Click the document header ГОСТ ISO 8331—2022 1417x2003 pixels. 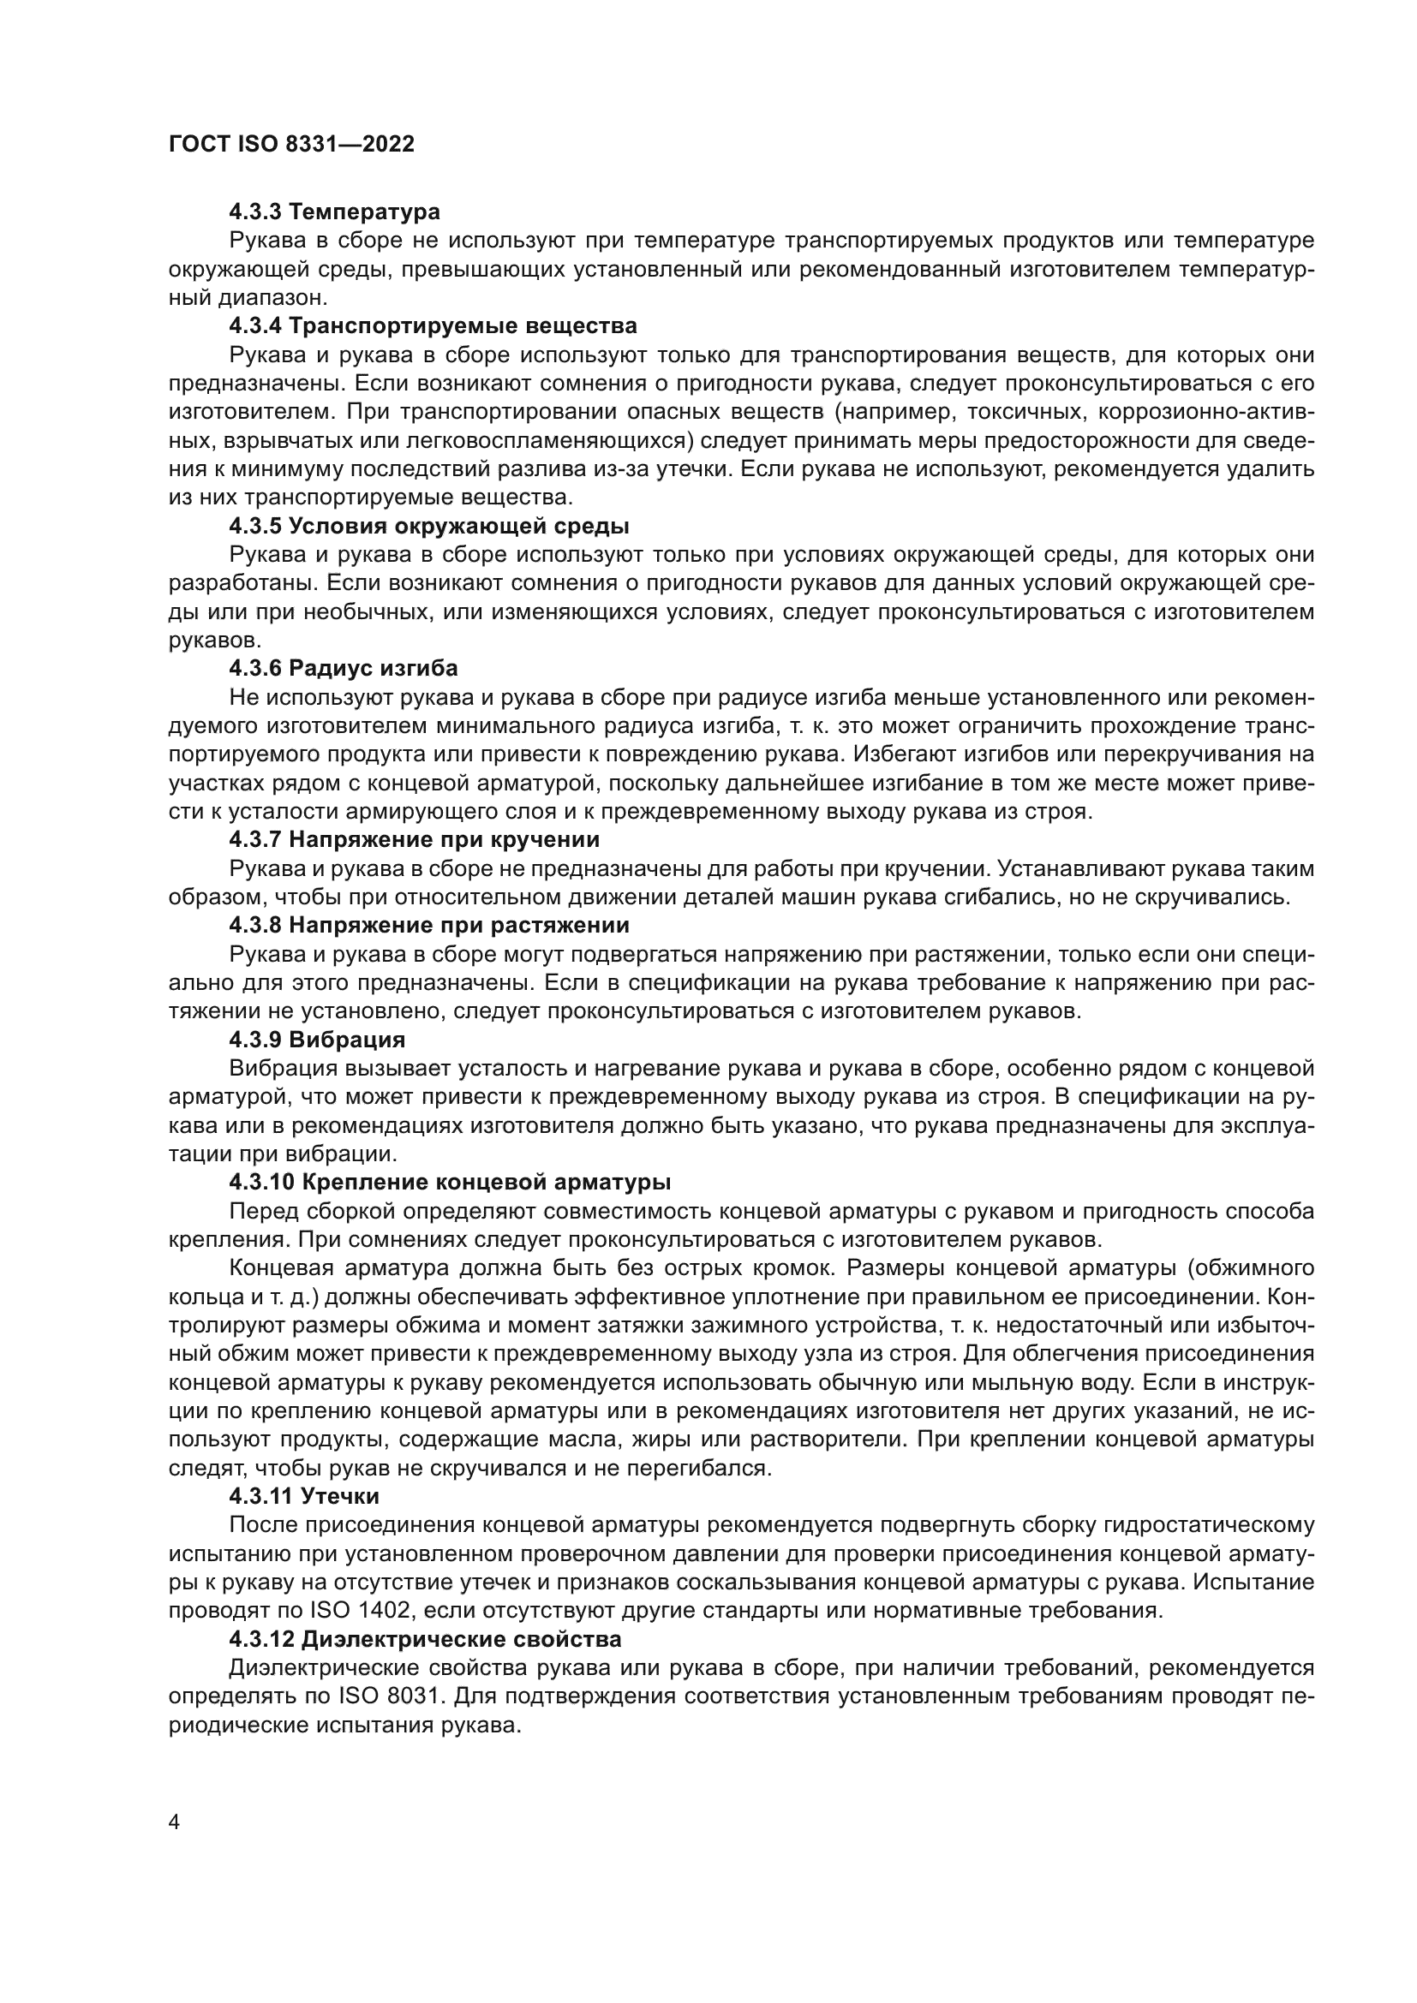tap(291, 145)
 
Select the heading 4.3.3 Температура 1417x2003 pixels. tap(334, 212)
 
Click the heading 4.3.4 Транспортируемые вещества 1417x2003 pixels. tap(433, 326)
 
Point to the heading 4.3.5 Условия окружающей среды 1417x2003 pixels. tap(429, 526)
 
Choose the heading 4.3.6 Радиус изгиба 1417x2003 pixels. tap(343, 668)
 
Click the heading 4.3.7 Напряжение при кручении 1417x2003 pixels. tap(415, 840)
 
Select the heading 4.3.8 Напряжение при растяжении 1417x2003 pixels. tap(429, 925)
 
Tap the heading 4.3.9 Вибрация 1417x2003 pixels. tap(318, 1040)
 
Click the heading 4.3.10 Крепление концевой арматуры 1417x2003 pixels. tap(451, 1182)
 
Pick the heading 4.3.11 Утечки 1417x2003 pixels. tap(303, 1496)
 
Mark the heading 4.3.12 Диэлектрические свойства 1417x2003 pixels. tap(425, 1639)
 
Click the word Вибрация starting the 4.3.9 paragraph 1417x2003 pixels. tap(284, 1069)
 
